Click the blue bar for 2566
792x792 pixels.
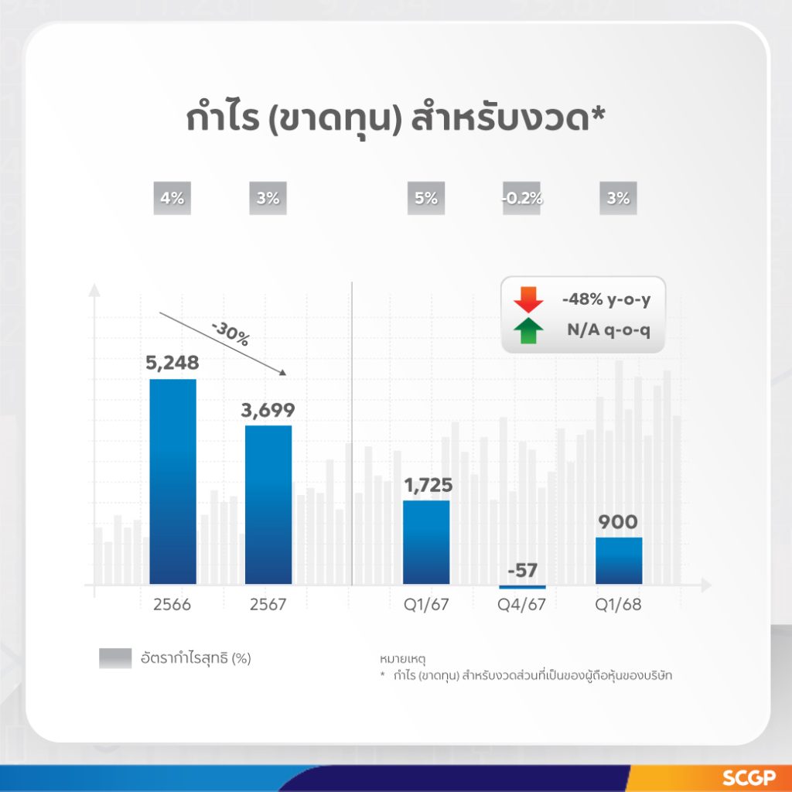(x=172, y=481)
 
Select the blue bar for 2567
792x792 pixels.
(x=268, y=504)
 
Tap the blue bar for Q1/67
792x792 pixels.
(x=426, y=542)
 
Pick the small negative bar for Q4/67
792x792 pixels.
(x=522, y=587)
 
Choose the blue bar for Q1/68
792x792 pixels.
(x=619, y=561)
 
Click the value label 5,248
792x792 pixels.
(x=172, y=363)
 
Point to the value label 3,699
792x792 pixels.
(x=268, y=410)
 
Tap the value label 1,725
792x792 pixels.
(x=428, y=485)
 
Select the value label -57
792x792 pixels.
(x=522, y=570)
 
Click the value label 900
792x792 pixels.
(x=618, y=522)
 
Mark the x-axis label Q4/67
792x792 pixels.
(x=522, y=605)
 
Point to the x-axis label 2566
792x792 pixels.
(x=172, y=605)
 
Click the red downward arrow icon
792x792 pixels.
(x=528, y=300)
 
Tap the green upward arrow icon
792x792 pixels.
(x=528, y=331)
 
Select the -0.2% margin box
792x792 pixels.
(x=522, y=198)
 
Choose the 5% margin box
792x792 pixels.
(x=426, y=198)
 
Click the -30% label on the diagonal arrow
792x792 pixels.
(x=230, y=334)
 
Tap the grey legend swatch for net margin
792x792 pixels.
(x=115, y=658)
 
